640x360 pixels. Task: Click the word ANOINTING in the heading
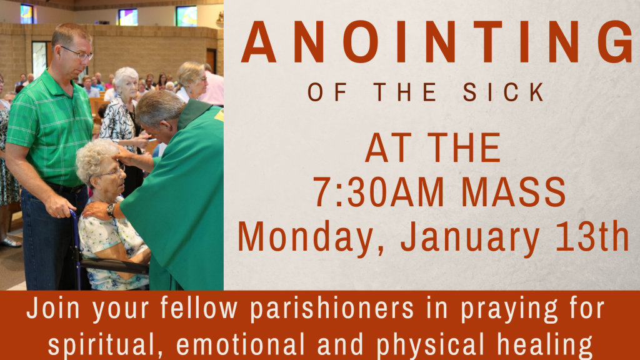tap(436, 42)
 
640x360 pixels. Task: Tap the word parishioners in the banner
tap(332, 308)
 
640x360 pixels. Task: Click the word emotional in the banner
tap(241, 344)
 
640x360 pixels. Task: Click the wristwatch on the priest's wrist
tap(111, 209)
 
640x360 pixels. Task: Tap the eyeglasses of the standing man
tap(78, 53)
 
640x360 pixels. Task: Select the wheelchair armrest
tap(114, 266)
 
